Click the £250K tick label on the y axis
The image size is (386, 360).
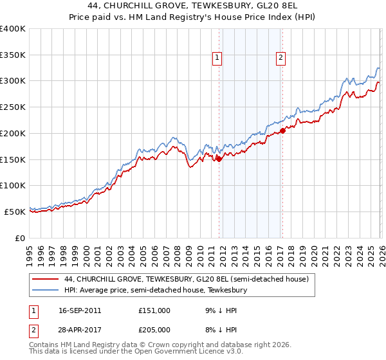(13, 107)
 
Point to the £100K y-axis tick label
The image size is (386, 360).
(13, 185)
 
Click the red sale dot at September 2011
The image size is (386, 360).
(219, 159)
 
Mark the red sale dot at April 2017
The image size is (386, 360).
(282, 130)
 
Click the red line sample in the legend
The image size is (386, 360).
(45, 280)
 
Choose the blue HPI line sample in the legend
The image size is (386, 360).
(45, 291)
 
